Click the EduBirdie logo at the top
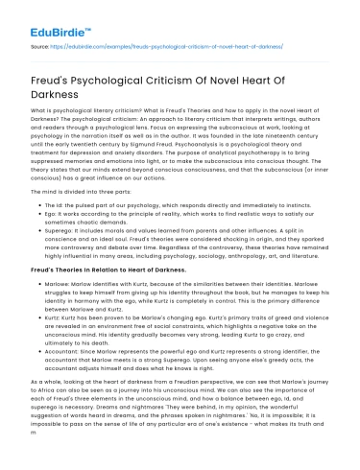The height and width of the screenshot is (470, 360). (x=44, y=16)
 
